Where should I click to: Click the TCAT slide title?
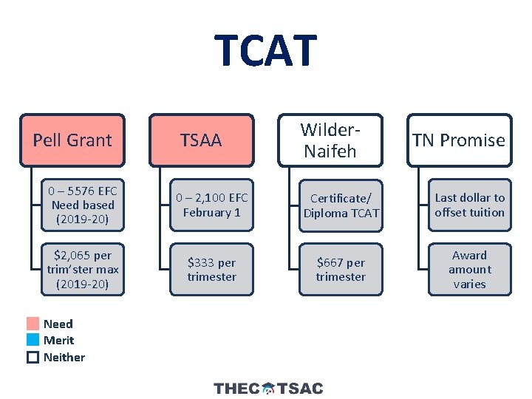(266, 50)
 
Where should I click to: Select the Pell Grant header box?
(72, 140)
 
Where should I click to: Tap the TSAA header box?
(201, 140)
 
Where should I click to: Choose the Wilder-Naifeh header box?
(330, 140)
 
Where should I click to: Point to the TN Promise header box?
(459, 140)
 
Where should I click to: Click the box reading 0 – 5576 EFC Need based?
(83, 205)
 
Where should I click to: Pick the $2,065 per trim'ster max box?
(83, 270)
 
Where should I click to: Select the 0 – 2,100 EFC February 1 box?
(211, 205)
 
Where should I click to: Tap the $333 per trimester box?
(211, 270)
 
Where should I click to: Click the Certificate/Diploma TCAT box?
(341, 205)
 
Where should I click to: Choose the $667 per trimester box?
(341, 270)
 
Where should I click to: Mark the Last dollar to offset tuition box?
(469, 205)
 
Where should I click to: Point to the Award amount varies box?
(469, 270)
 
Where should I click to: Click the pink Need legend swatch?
(33, 324)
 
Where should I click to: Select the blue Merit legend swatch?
(33, 340)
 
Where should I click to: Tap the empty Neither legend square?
(33, 357)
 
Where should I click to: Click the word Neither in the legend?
(64, 357)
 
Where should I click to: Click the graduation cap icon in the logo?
(268, 388)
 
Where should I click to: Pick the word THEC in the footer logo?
(236, 388)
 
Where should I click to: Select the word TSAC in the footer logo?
(300, 388)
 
